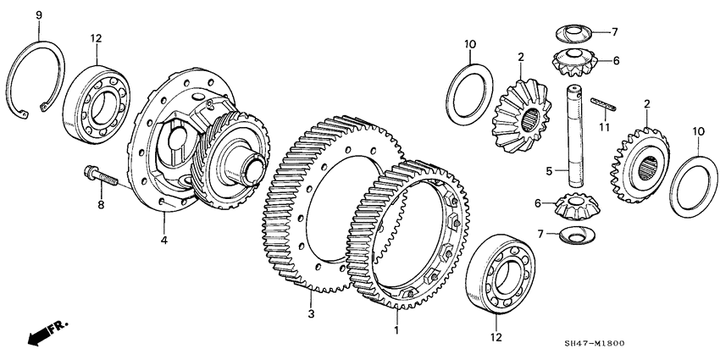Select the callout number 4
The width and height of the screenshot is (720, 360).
coord(164,241)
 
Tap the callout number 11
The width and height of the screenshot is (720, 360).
coord(603,127)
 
